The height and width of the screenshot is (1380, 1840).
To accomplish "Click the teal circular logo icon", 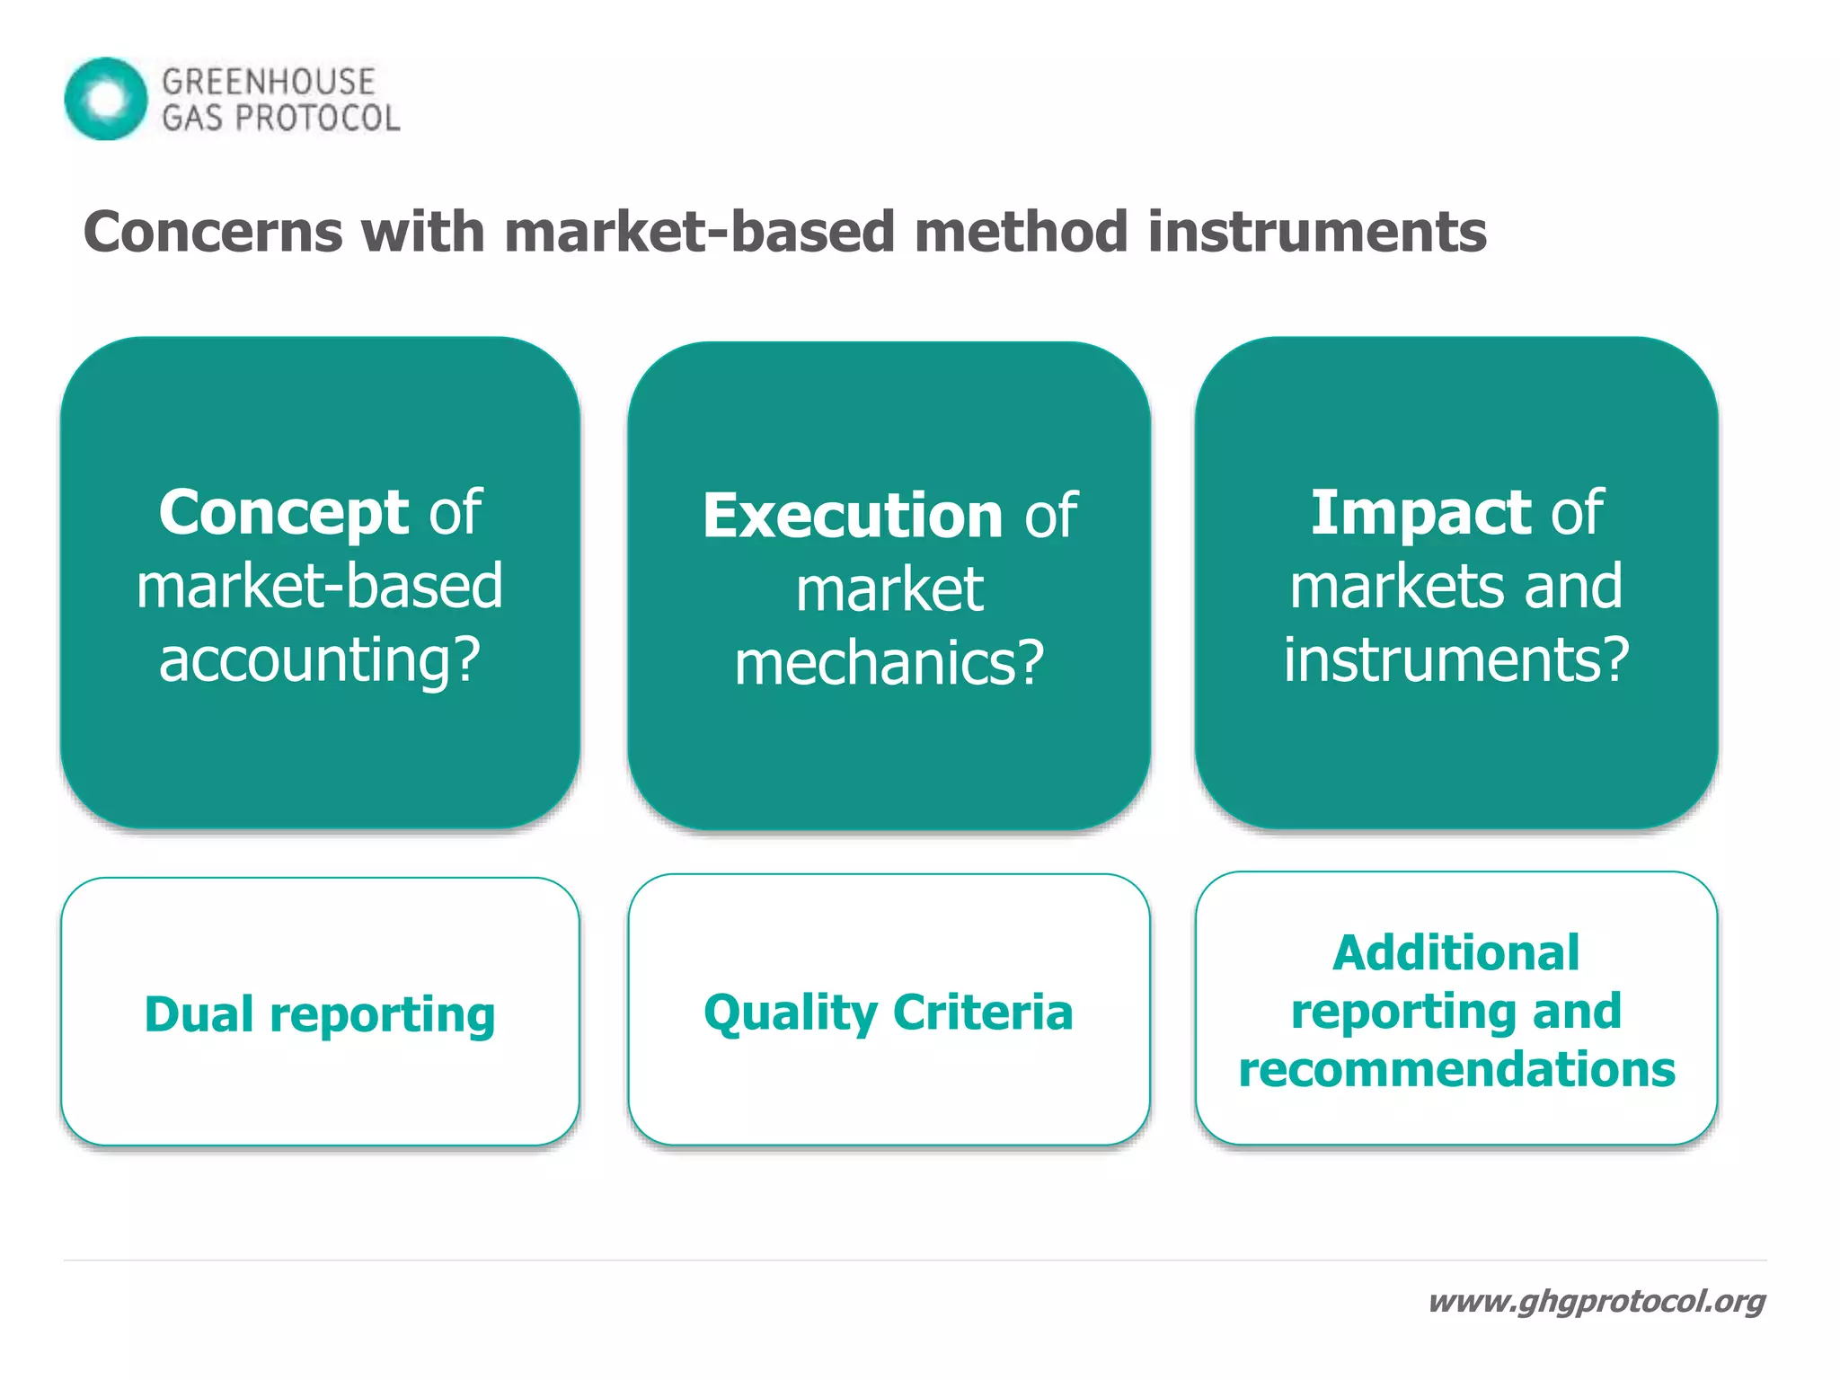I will pos(106,99).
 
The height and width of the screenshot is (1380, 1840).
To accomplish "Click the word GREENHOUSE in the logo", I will pos(268,82).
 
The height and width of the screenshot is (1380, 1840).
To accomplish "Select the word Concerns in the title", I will pos(213,232).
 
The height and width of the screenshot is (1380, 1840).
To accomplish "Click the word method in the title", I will pos(1021,232).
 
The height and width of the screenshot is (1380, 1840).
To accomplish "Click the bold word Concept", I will pos(283,512).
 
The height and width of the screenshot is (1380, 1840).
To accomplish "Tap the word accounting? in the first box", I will pos(320,659).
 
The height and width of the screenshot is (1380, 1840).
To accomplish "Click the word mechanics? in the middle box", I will pos(889,663).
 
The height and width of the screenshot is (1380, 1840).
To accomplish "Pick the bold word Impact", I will pos(1420,512).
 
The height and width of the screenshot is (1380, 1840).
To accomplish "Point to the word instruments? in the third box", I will pos(1455,659).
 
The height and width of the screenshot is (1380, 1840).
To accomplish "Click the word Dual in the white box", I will pos(199,1014).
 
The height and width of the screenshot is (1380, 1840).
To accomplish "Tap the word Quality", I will pos(791,1013).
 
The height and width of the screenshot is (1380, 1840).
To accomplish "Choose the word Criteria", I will pos(983,1013).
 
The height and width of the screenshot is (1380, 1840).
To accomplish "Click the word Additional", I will pos(1455,952).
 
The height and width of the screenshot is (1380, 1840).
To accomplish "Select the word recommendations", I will pos(1456,1069).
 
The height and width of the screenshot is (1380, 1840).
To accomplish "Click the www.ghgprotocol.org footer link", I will pos(1597,1301).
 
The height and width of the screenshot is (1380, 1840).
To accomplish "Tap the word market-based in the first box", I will pos(320,586).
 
